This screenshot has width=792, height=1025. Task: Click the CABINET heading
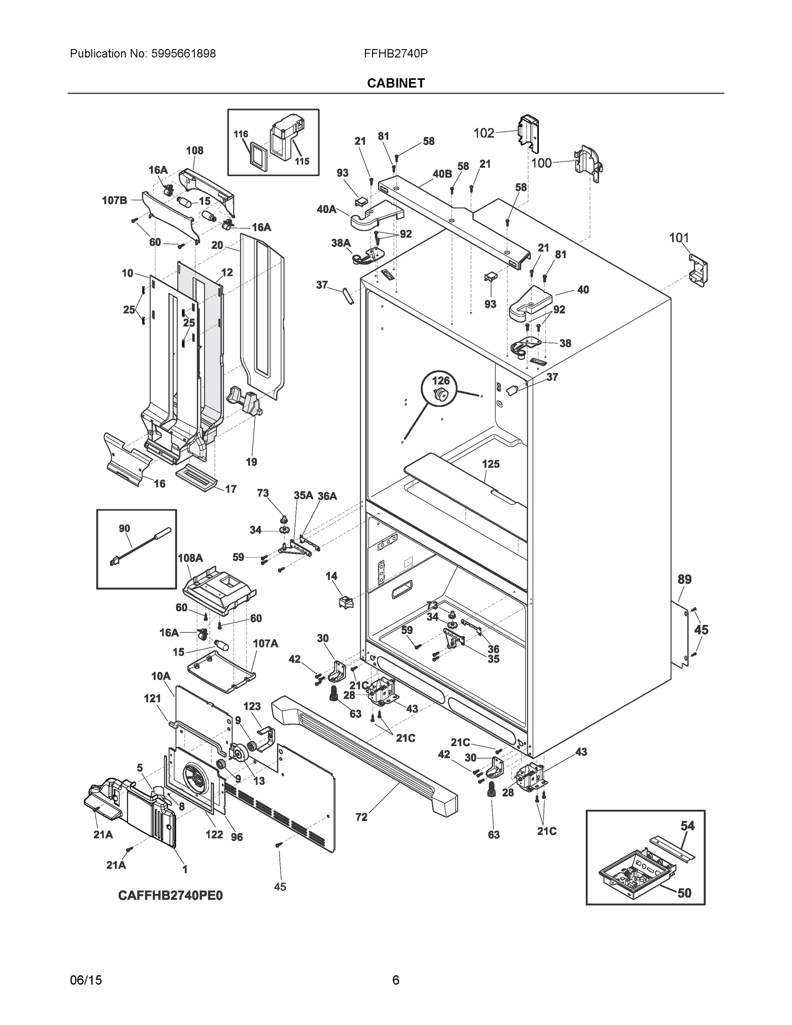pos(395,83)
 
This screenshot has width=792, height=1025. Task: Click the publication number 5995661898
pos(184,53)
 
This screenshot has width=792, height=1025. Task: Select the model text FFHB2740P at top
pos(395,53)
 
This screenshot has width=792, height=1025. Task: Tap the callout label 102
pos(484,133)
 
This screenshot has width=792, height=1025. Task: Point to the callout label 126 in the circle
pos(441,381)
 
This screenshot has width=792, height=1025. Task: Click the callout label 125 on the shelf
pos(491,464)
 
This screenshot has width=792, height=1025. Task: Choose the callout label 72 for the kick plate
pos(361,817)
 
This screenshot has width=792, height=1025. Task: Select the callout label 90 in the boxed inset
pos(124,528)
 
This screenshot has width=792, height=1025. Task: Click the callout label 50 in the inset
pos(684,893)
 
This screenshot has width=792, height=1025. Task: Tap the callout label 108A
pos(190,558)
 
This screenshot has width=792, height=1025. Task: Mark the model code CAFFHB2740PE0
pos(170,896)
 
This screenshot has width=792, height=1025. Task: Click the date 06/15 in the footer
pos(86,980)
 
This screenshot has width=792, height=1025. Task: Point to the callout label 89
pos(684,580)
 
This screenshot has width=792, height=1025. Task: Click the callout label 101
pos(678,238)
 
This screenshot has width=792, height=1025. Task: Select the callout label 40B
pos(442,174)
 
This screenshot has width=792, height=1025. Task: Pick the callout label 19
pos(251,462)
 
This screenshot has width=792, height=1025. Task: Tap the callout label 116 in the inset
pos(241,134)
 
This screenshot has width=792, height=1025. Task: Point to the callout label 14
pos(331,576)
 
